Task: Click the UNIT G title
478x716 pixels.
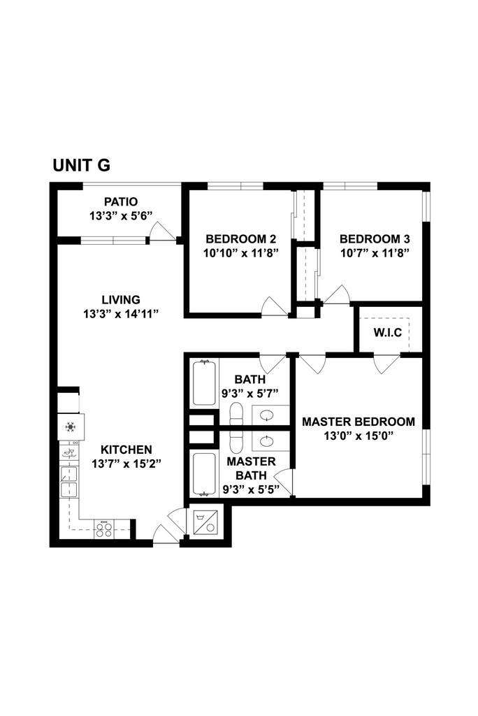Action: point(81,165)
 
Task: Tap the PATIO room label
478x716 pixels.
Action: point(120,201)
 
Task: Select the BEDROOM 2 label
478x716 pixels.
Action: point(240,239)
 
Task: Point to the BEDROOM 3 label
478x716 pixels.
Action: point(375,239)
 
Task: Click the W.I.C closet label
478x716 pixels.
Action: point(388,332)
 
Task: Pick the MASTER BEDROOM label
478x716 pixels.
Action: point(358,422)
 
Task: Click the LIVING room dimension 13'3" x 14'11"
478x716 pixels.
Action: point(120,314)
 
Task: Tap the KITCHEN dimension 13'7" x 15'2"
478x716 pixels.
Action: point(126,464)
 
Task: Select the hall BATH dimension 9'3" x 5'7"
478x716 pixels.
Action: point(249,393)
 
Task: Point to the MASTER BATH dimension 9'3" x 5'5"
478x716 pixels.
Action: point(251,490)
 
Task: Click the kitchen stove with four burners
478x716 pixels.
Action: point(103,530)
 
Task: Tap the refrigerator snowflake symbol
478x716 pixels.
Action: point(71,427)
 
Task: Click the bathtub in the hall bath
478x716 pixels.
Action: point(203,382)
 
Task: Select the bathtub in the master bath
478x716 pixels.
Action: point(203,474)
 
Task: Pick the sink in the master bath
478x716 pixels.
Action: point(267,441)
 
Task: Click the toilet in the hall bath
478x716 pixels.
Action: point(236,414)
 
